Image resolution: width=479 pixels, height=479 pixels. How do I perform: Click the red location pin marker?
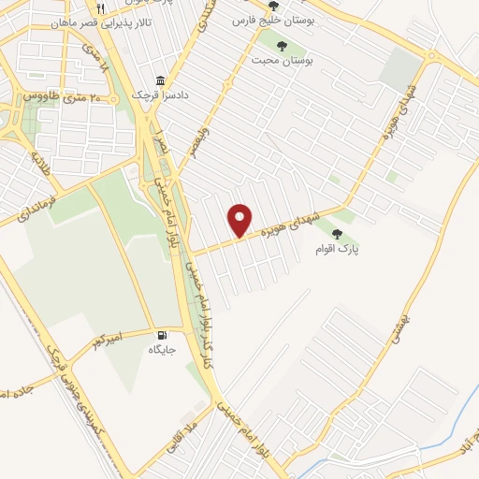click(240, 220)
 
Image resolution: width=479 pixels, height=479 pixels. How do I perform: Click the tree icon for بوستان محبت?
click(282, 43)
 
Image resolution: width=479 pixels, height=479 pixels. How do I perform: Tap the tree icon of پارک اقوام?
click(337, 235)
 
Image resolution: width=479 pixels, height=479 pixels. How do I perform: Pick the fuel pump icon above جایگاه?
click(164, 335)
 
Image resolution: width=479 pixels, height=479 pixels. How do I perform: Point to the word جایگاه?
click(162, 350)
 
